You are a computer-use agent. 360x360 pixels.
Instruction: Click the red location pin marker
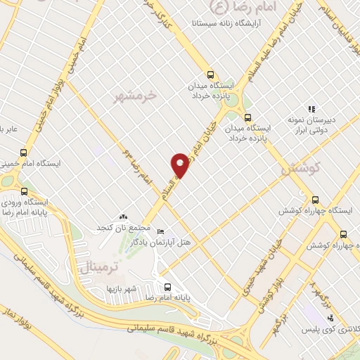pos(181,164)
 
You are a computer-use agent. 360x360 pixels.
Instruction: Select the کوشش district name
pos(300,169)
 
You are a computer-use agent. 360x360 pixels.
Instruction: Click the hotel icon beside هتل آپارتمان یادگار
pos(161,232)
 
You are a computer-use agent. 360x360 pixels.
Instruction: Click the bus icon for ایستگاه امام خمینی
pos(24,153)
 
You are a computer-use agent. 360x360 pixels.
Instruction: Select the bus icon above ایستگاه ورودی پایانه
pos(24,190)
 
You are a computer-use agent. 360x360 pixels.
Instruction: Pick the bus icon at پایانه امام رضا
pos(167,286)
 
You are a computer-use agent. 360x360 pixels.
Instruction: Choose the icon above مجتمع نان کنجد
pos(124,218)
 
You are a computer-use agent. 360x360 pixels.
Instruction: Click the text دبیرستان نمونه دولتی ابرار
pos(309,126)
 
